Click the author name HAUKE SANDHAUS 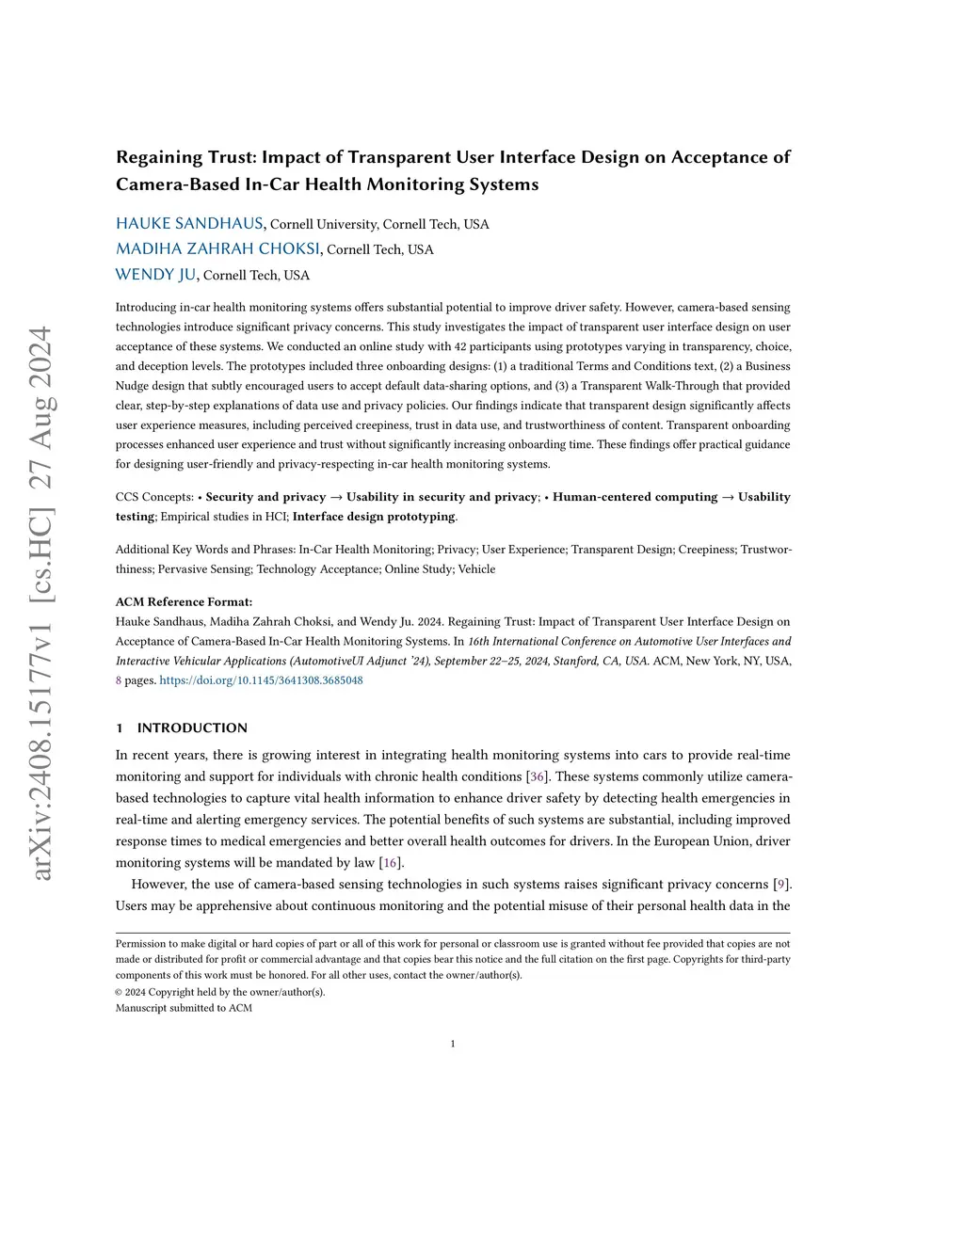pyautogui.click(x=189, y=223)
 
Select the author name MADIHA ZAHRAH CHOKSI pyautogui.click(x=217, y=248)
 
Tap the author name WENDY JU pyautogui.click(x=155, y=274)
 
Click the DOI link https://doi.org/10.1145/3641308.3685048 pyautogui.click(x=261, y=680)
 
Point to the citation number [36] pyautogui.click(x=537, y=776)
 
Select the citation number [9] pyautogui.click(x=781, y=884)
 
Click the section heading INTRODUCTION pyautogui.click(x=192, y=727)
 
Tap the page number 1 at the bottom pyautogui.click(x=453, y=1043)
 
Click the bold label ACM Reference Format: pyautogui.click(x=184, y=601)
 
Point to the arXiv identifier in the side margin pyautogui.click(x=41, y=602)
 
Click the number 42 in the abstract pyautogui.click(x=460, y=346)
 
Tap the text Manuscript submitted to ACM pyautogui.click(x=184, y=1008)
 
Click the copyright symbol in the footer pyautogui.click(x=119, y=992)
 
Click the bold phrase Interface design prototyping pyautogui.click(x=374, y=517)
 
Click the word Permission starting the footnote pyautogui.click(x=139, y=943)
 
